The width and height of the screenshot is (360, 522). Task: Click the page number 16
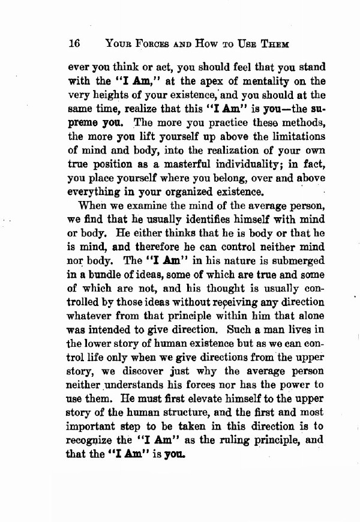[x=75, y=43]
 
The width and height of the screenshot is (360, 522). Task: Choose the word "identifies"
[x=189, y=221]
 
